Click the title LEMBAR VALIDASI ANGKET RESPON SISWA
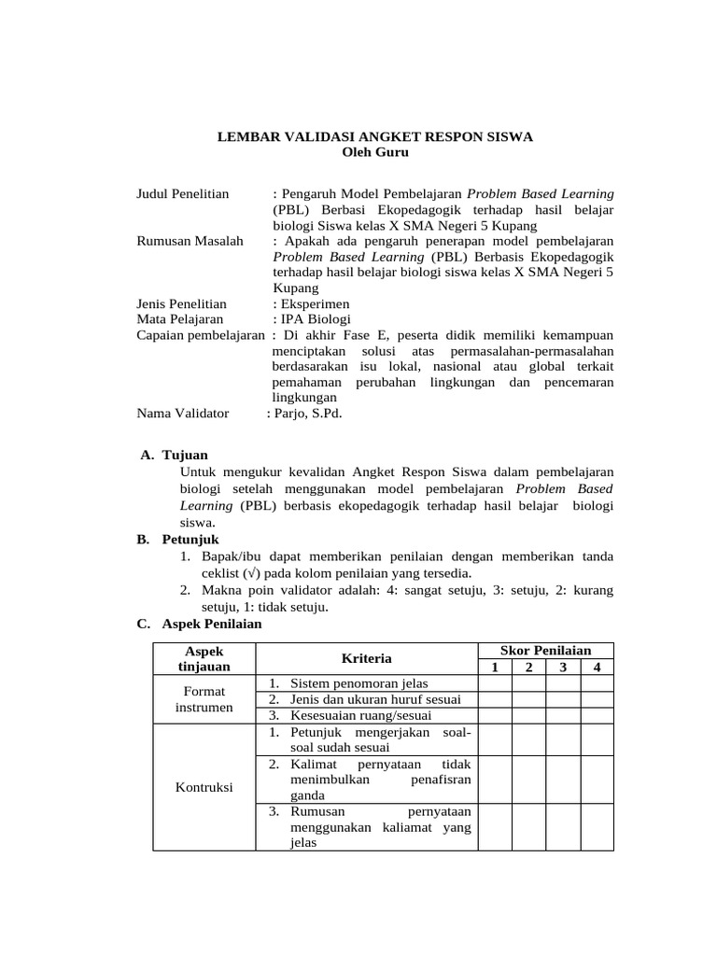click(375, 136)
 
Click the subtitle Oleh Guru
click(375, 151)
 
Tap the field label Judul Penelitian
click(183, 193)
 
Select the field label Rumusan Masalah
click(190, 241)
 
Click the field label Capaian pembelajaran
click(201, 335)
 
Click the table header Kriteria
click(366, 658)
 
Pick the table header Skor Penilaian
click(545, 650)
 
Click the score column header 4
click(597, 667)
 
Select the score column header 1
click(494, 667)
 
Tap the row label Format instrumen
click(204, 699)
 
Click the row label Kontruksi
click(204, 787)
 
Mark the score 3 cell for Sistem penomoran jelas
click(563, 683)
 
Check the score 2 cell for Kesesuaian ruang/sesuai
click(528, 715)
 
